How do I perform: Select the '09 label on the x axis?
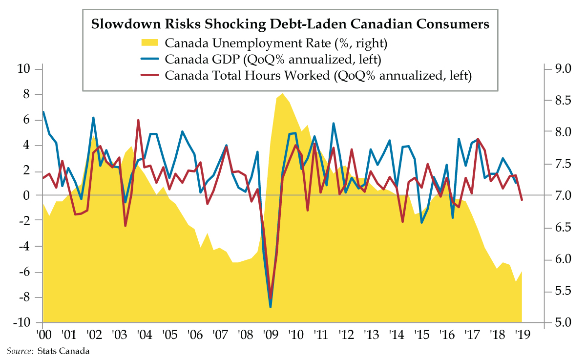pyautogui.click(x=270, y=336)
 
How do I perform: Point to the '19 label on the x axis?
pyautogui.click(x=522, y=336)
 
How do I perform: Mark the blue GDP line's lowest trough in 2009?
pyautogui.click(x=271, y=307)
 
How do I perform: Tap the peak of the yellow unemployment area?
pyautogui.click(x=283, y=94)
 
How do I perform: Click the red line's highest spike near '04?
pyautogui.click(x=138, y=120)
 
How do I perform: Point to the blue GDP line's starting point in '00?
pyautogui.click(x=43, y=112)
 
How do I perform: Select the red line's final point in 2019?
pyautogui.click(x=522, y=200)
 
